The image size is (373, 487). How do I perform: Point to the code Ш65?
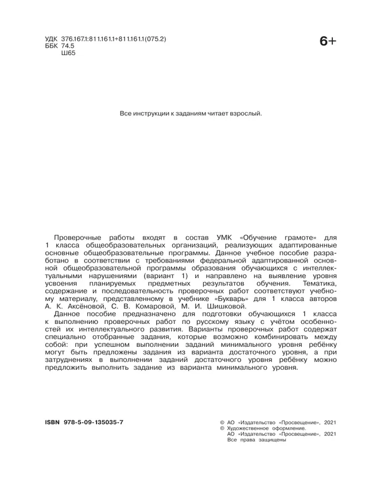click(x=68, y=53)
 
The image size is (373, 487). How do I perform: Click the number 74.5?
click(x=68, y=46)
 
